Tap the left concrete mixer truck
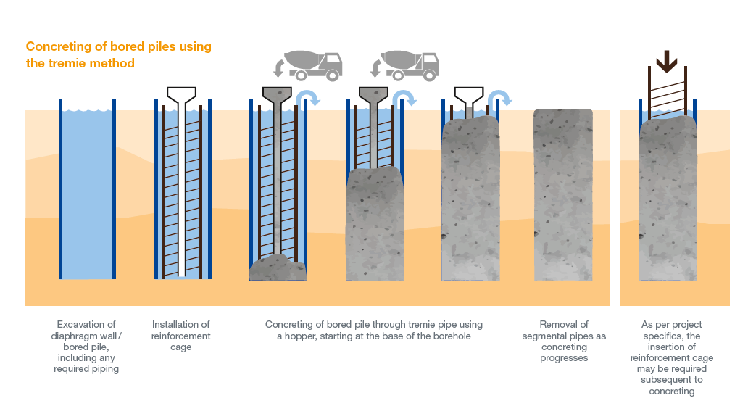click(x=312, y=65)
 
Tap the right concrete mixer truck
click(x=410, y=65)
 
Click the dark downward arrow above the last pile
click(x=665, y=62)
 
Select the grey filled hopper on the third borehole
click(x=278, y=94)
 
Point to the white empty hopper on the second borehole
click(x=182, y=94)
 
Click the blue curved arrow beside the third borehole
click(x=307, y=98)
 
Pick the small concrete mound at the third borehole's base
click(x=278, y=268)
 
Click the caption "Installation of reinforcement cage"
click(x=181, y=336)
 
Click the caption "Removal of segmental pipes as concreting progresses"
click(x=564, y=341)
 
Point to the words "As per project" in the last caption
click(x=672, y=324)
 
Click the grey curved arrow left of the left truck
click(x=278, y=68)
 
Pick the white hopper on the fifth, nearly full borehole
click(x=470, y=95)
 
